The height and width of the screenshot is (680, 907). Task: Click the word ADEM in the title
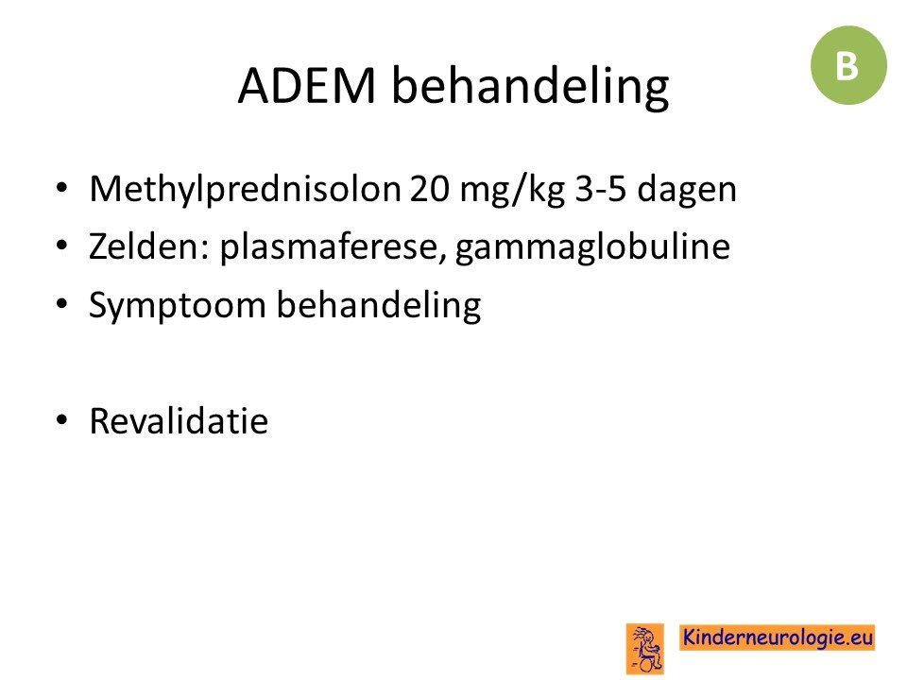pyautogui.click(x=307, y=86)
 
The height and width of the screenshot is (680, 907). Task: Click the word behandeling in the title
pyautogui.click(x=530, y=87)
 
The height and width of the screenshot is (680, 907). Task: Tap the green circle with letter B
pyautogui.click(x=848, y=65)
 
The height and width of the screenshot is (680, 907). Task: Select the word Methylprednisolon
pyautogui.click(x=246, y=189)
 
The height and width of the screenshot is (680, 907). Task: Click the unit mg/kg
pyautogui.click(x=512, y=190)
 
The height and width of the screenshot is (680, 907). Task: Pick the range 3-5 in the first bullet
pyautogui.click(x=601, y=189)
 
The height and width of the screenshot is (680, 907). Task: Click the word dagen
pyautogui.click(x=687, y=190)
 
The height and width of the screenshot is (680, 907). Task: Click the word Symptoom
pyautogui.click(x=177, y=306)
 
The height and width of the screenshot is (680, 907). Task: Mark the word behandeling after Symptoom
pyautogui.click(x=379, y=305)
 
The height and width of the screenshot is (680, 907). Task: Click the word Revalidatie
pyautogui.click(x=179, y=420)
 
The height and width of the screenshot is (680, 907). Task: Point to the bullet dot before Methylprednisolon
pyautogui.click(x=62, y=188)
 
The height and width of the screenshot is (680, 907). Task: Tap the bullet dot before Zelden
pyautogui.click(x=62, y=246)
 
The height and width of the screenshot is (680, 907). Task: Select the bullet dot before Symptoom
pyautogui.click(x=62, y=303)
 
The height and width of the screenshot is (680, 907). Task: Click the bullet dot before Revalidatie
pyautogui.click(x=62, y=419)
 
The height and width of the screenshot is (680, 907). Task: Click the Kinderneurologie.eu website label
pyautogui.click(x=778, y=637)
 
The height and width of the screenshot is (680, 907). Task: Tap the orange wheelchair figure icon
pyautogui.click(x=645, y=648)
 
